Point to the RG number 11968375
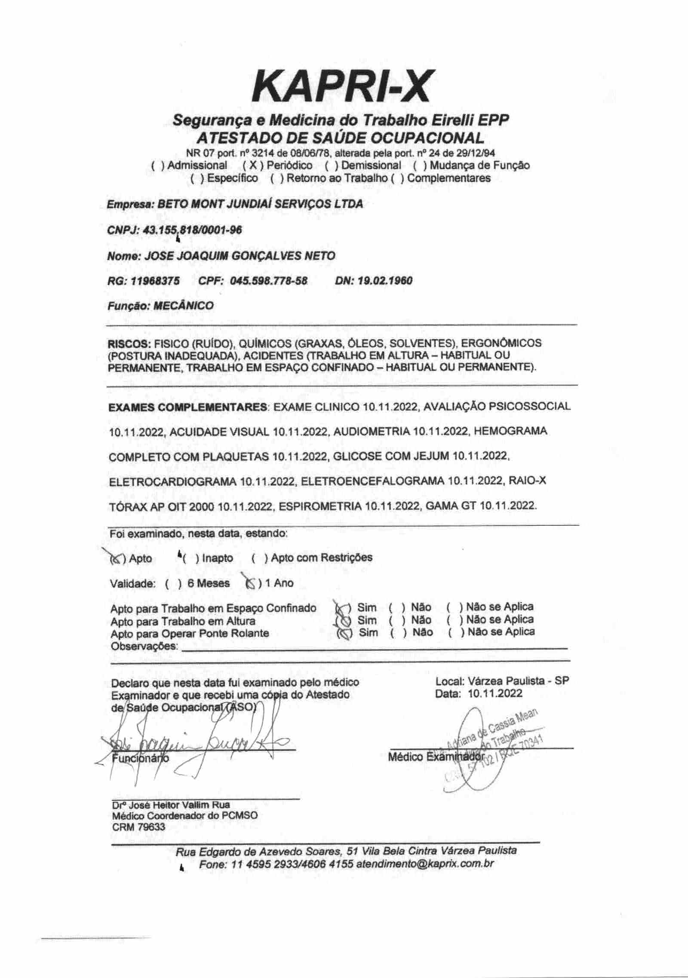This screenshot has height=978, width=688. pyautogui.click(x=155, y=281)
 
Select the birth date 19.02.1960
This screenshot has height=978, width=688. pyautogui.click(x=385, y=281)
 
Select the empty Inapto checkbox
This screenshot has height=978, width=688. pyautogui.click(x=190, y=558)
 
